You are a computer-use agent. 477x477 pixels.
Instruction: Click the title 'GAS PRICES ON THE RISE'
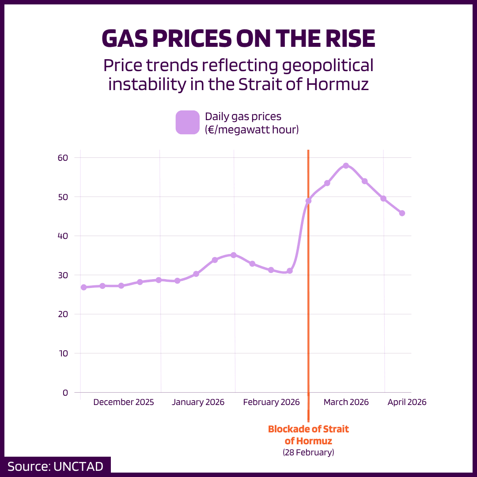(x=238, y=39)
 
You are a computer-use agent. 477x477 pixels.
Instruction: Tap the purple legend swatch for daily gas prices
(x=188, y=122)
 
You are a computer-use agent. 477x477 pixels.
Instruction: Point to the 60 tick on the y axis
(x=63, y=158)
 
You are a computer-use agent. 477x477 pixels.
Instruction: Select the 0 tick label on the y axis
(x=65, y=392)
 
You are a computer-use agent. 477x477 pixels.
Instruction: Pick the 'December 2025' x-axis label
(x=124, y=402)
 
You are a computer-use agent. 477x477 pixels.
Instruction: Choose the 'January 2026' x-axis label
(x=198, y=402)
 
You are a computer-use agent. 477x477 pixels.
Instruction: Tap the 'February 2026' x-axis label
(x=271, y=402)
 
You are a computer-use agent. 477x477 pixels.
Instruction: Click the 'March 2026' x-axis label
(x=346, y=402)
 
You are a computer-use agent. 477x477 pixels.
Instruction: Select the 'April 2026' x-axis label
(x=407, y=402)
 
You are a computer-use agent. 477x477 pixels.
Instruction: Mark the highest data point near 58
(x=346, y=166)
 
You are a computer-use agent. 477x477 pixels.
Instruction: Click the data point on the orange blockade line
(x=308, y=201)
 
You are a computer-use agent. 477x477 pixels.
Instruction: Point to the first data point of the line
(x=83, y=287)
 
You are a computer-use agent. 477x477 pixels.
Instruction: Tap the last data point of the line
(x=402, y=213)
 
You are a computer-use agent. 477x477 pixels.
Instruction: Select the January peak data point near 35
(x=234, y=255)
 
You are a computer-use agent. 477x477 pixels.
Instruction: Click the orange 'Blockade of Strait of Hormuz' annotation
(x=308, y=435)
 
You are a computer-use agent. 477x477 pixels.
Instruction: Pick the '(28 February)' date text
(x=308, y=452)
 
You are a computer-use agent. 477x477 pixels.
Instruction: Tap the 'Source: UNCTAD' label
(x=55, y=466)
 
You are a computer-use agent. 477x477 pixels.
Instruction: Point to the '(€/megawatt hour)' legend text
(x=252, y=130)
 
